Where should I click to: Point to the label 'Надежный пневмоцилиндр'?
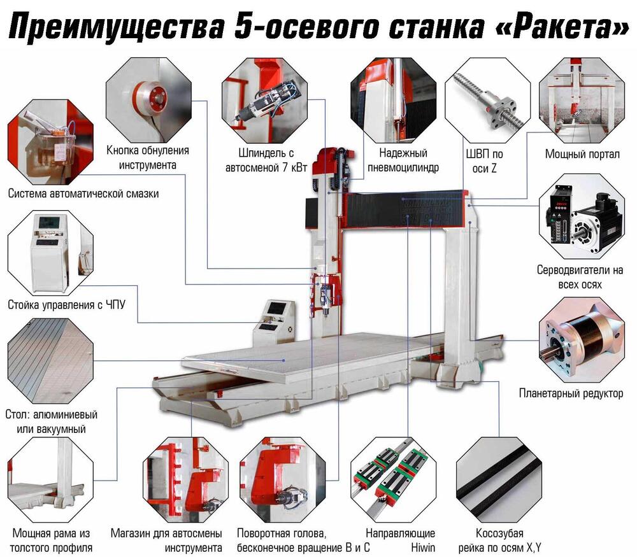[403, 160]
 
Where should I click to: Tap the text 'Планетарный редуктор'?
[571, 393]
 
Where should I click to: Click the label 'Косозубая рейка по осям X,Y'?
[500, 540]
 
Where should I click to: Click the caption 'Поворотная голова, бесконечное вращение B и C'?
[303, 540]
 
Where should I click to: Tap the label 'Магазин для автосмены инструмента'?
[166, 540]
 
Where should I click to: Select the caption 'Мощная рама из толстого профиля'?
[53, 540]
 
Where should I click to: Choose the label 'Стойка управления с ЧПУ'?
[66, 305]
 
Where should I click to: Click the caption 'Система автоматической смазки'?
[83, 194]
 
